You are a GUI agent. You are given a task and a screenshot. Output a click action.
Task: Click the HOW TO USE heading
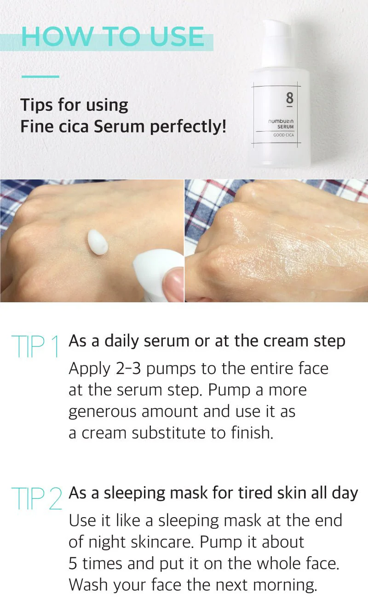(113, 36)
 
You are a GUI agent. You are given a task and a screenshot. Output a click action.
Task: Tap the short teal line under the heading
(40, 76)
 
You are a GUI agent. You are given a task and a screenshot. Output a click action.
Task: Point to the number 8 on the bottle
(289, 99)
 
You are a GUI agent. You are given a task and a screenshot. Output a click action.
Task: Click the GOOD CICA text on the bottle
(283, 135)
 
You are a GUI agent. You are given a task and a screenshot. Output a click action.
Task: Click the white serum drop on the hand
(98, 242)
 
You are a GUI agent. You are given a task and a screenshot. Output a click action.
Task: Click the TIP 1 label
(36, 346)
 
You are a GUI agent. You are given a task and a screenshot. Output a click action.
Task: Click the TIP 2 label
(36, 498)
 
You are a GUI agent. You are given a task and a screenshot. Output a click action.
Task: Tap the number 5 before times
(73, 563)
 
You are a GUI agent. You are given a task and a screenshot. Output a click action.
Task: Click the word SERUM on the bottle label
(285, 127)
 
